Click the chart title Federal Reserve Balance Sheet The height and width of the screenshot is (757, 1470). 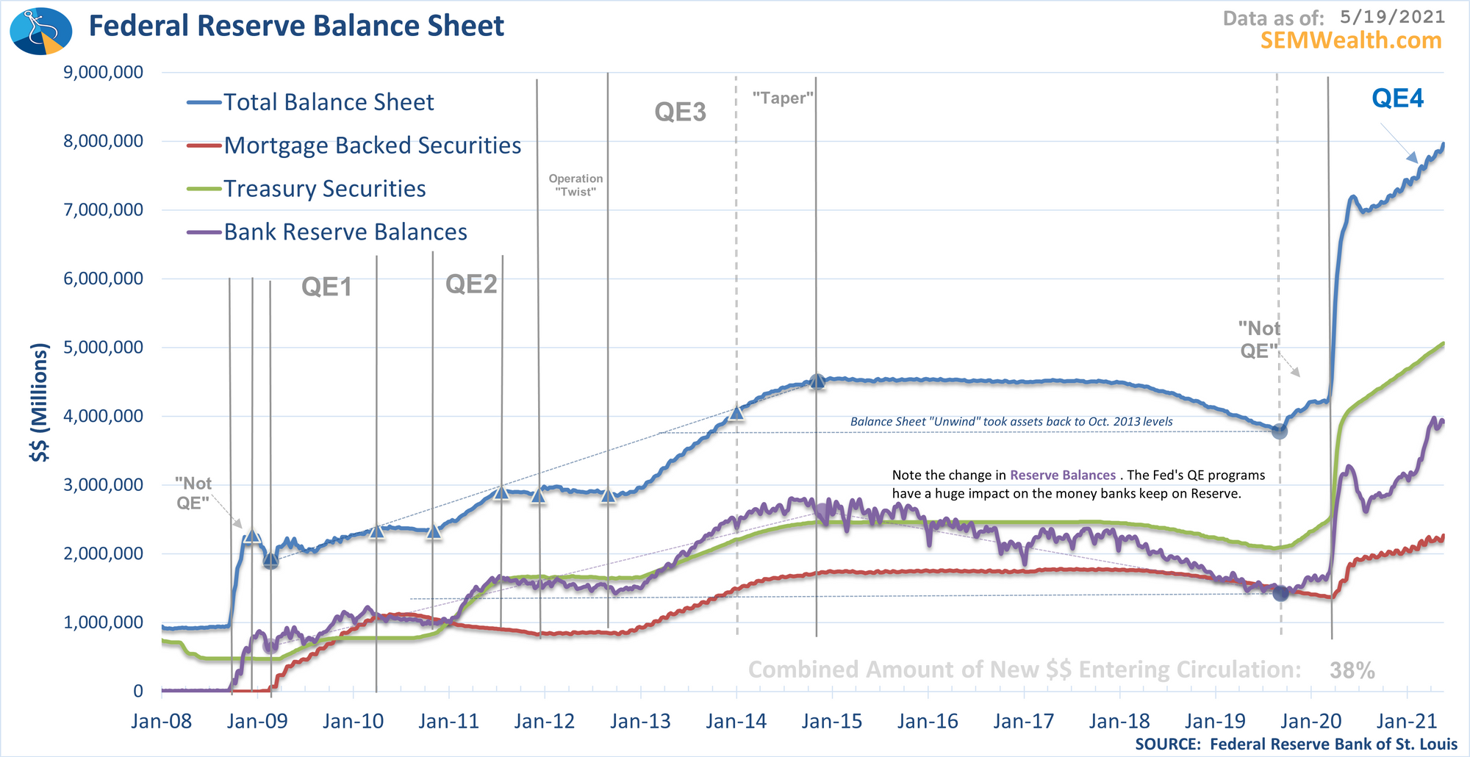point(296,26)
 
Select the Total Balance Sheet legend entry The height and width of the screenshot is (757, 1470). point(328,102)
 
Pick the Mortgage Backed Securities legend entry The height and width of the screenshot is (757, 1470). point(372,146)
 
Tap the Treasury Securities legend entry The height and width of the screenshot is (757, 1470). point(324,189)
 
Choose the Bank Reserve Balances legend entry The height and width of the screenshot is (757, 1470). point(345,232)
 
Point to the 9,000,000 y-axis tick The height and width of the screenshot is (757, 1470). point(104,72)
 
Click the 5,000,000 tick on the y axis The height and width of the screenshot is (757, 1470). point(104,347)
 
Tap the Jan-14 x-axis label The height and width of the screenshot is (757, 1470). point(736,721)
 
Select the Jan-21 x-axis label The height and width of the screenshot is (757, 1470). point(1406,721)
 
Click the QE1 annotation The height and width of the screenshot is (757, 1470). point(326,287)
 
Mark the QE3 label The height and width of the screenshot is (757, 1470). point(680,112)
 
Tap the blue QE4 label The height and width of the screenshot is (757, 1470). point(1397,98)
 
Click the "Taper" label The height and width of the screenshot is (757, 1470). point(783,98)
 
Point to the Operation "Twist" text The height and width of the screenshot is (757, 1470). point(576,184)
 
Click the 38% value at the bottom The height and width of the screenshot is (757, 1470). point(1352,670)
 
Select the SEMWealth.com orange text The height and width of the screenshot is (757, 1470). point(1351,40)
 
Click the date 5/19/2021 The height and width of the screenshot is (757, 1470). point(1392,17)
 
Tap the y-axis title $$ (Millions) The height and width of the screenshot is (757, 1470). point(40,403)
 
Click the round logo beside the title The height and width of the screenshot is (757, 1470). point(41,31)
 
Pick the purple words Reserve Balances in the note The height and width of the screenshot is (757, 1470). point(1062,475)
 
